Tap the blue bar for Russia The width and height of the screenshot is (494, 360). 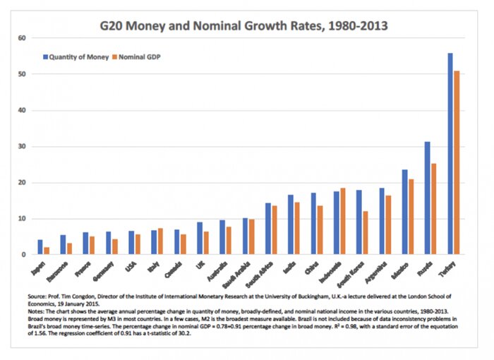[427, 198]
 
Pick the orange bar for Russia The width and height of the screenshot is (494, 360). [434, 209]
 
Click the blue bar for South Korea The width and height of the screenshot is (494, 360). [359, 222]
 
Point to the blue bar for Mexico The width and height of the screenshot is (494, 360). [404, 212]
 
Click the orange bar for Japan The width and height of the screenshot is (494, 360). [47, 251]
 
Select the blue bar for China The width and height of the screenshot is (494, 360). [313, 224]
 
